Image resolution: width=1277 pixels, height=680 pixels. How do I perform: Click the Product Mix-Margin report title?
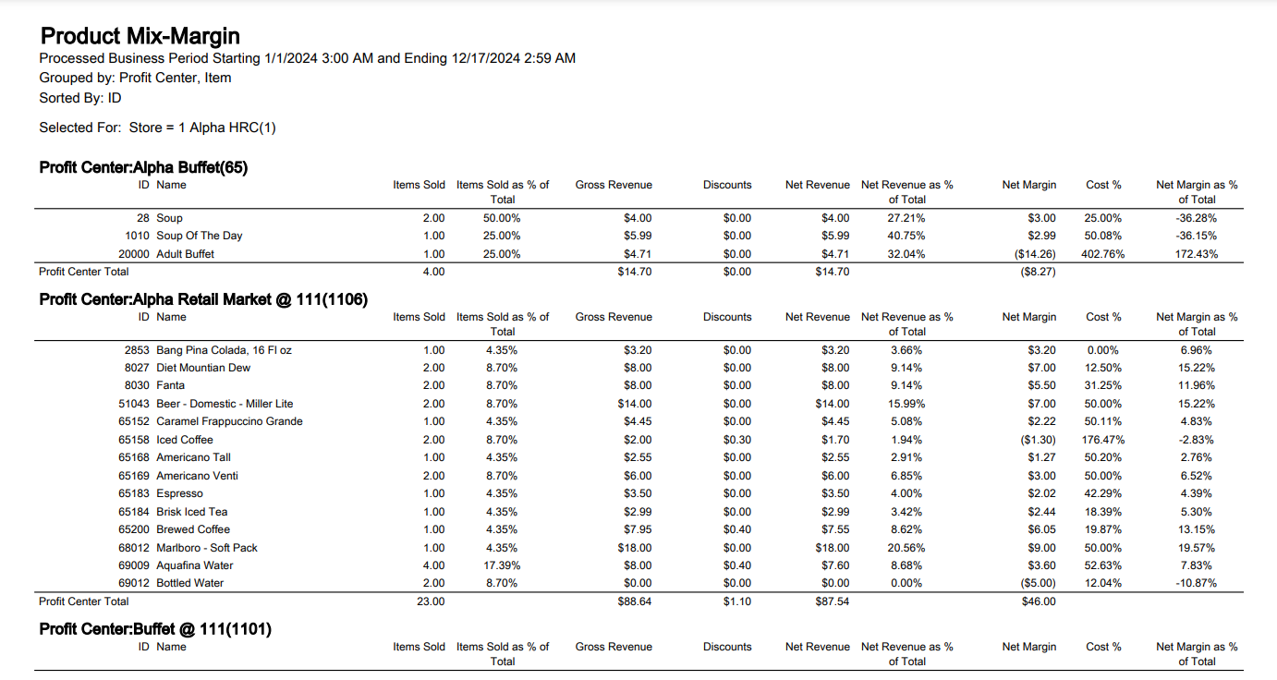pos(140,36)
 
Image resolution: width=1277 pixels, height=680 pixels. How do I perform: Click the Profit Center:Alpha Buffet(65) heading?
pos(143,167)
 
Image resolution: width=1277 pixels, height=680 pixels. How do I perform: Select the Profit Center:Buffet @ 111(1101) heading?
pos(155,628)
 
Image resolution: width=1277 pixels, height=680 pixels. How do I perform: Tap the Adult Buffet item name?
pos(186,254)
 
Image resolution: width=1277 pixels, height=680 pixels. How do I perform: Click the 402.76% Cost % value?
pos(1102,254)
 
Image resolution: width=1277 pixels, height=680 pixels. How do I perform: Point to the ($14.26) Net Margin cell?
pos(1035,254)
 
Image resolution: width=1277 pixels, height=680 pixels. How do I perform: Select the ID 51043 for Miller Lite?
pos(134,404)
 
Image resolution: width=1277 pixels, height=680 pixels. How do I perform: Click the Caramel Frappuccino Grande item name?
pos(229,421)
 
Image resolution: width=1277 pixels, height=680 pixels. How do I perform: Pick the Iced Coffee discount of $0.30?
pos(737,440)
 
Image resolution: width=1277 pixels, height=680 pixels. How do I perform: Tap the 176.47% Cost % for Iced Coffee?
pos(1102,440)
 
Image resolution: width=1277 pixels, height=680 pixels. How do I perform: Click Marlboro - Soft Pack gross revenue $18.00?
pos(635,548)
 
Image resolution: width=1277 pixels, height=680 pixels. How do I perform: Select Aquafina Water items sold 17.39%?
pos(502,565)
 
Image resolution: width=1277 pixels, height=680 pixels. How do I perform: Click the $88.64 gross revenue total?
pos(635,601)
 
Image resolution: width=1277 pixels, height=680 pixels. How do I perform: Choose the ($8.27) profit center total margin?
pos(1038,272)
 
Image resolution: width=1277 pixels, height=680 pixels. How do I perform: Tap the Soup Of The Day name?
pos(199,236)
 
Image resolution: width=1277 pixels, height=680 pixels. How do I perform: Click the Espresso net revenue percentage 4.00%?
pos(906,493)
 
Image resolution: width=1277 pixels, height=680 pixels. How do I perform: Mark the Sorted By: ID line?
pos(80,98)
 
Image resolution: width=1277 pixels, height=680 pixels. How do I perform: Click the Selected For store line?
pos(157,127)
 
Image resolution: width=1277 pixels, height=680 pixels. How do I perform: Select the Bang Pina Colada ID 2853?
pos(137,350)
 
